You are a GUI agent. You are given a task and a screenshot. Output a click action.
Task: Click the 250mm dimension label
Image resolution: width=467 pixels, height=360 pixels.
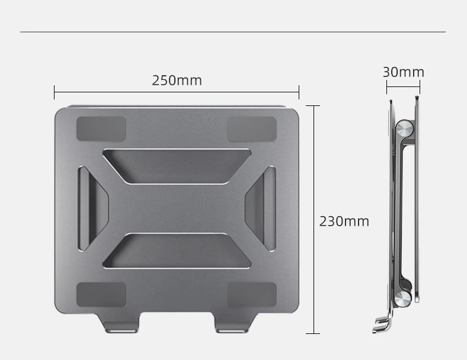point(177,80)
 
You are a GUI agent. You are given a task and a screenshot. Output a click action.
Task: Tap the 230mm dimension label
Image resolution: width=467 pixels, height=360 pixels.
point(344,221)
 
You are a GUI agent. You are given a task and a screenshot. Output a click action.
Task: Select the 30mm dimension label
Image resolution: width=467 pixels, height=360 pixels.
point(403,72)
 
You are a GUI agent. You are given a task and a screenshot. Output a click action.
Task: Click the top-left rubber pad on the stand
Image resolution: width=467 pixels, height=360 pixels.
point(101,128)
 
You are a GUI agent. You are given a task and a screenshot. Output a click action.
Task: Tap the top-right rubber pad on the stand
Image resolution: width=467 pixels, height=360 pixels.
point(252,128)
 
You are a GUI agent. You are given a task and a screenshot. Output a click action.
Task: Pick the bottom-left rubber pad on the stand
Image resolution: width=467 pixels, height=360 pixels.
point(101,294)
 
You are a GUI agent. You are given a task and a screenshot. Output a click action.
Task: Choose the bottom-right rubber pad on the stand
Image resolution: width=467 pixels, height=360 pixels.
point(252,294)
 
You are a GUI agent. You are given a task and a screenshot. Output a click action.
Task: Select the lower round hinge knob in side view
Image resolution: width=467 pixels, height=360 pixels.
point(405,298)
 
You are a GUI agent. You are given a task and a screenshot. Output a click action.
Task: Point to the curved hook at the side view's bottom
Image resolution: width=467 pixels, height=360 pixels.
point(382,324)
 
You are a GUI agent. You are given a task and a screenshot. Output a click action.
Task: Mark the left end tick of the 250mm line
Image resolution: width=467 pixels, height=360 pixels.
point(55,92)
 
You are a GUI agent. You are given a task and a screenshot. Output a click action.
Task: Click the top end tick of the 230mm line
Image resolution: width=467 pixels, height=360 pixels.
point(314,106)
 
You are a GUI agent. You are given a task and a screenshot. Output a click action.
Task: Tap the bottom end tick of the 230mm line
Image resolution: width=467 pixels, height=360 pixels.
point(314,333)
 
